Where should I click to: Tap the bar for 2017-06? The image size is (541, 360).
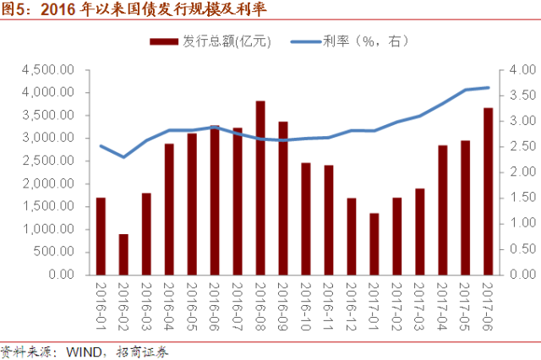489,191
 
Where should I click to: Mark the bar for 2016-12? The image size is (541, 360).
352,237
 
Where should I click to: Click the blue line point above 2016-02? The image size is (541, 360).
123,157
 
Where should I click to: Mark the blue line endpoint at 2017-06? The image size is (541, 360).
489,87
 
